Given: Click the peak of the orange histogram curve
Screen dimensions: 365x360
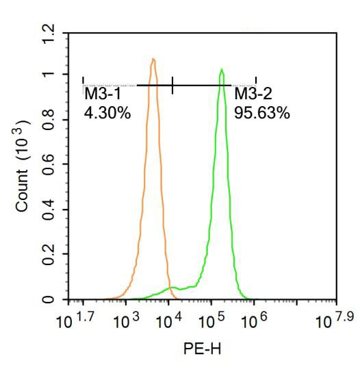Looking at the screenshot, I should click(153, 60).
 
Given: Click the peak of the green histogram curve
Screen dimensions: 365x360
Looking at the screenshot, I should click(222, 70).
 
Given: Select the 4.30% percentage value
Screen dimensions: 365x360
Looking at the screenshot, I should click(107, 113).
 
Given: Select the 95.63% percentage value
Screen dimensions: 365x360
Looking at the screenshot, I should click(262, 113).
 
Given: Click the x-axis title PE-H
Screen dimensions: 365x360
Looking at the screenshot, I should click(202, 349).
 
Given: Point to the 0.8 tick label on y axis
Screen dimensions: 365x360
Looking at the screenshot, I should click(47, 120).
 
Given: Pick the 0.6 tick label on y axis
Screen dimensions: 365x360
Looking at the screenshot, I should click(47, 165).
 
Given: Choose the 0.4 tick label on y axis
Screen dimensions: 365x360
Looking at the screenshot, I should click(47, 210).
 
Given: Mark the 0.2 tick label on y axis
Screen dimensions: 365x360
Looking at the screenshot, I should click(47, 255).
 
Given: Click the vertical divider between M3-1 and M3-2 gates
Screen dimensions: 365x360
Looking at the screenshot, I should click(172, 85).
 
